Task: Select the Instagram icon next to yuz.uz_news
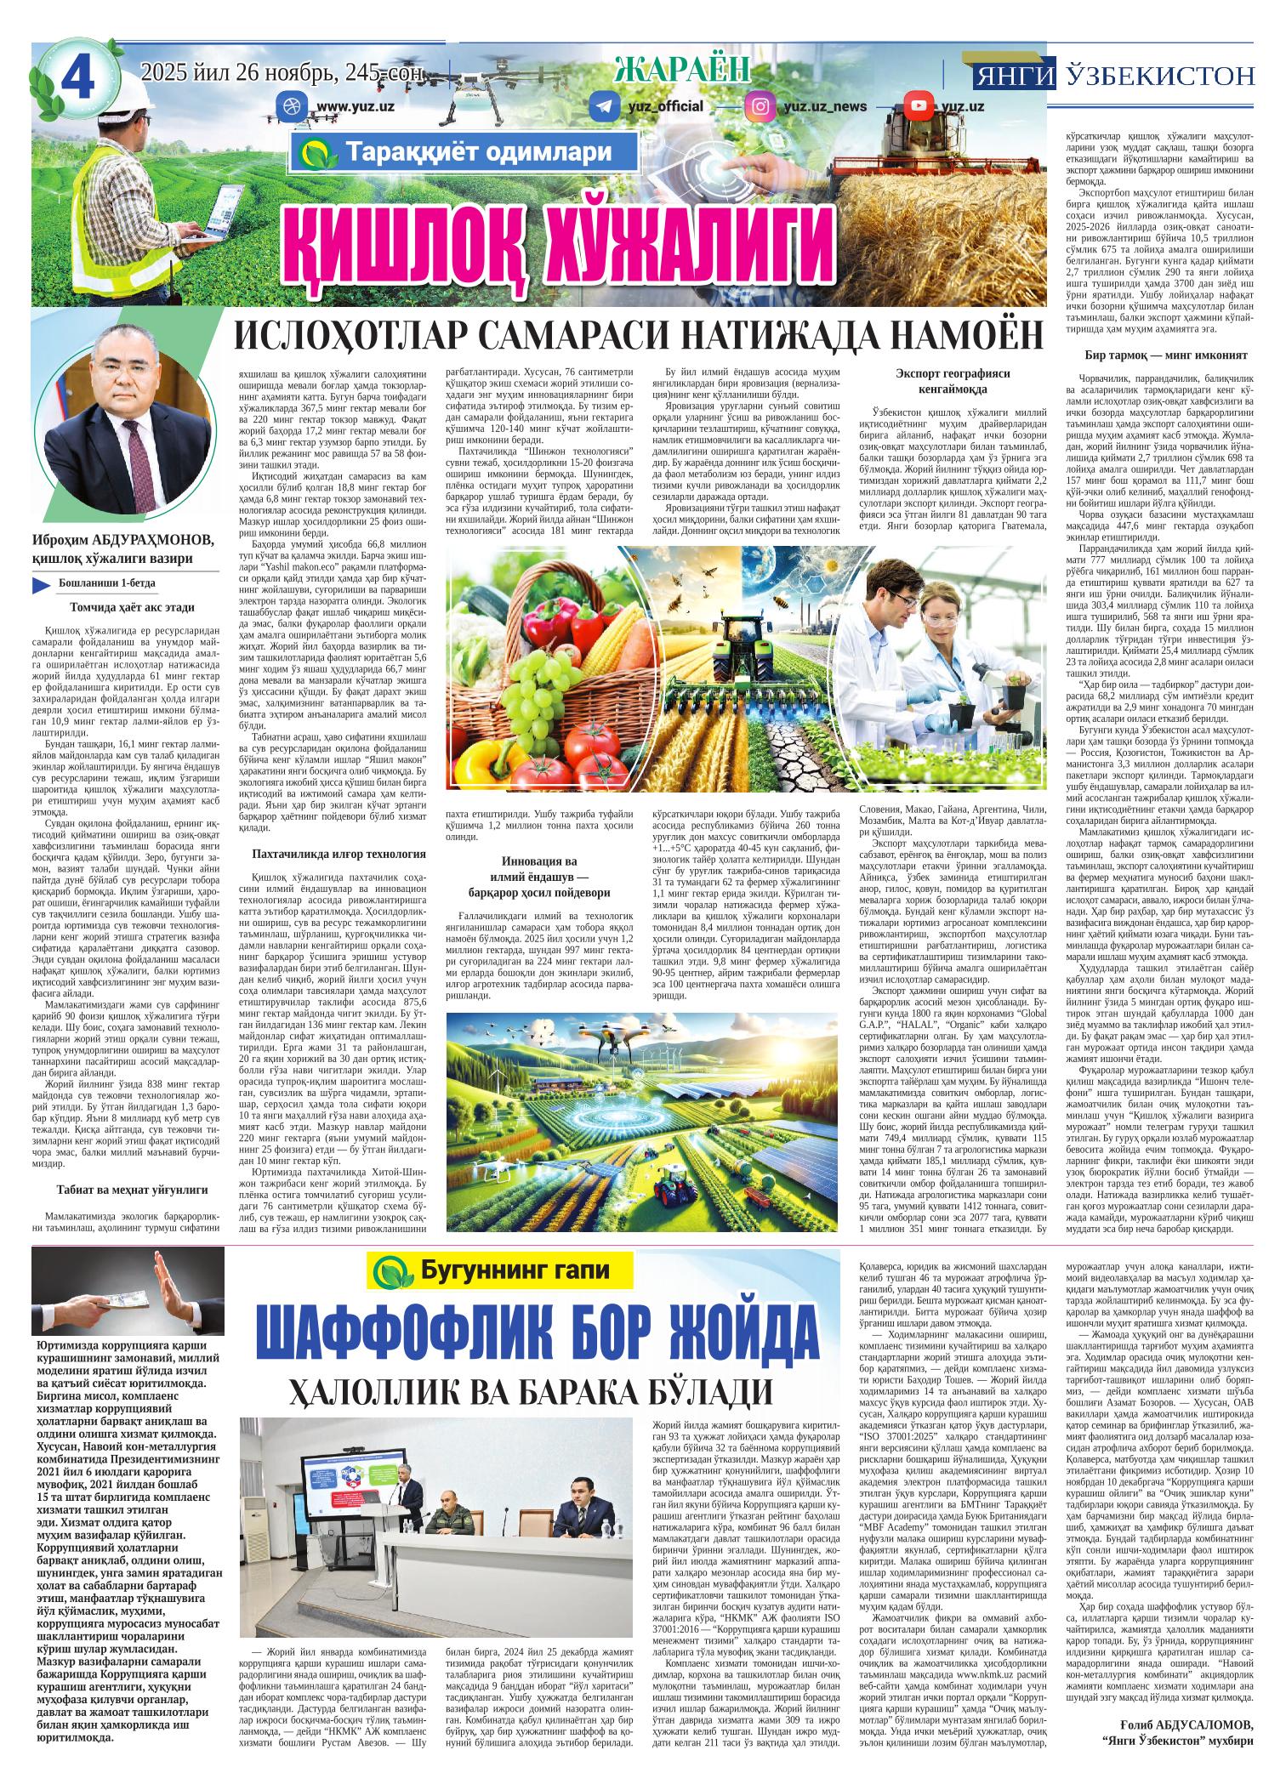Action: point(759,106)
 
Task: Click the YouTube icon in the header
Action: point(917,106)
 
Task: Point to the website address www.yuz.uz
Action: point(356,107)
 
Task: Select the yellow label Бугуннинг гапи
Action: point(500,1271)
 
